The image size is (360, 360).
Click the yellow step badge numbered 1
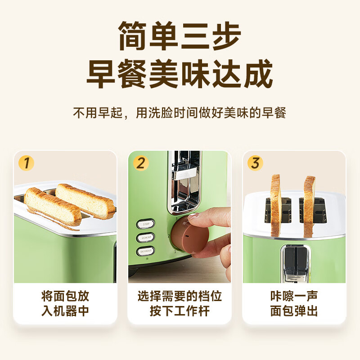(27, 163)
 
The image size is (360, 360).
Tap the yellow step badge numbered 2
(141, 163)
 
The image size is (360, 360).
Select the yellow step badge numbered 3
(255, 163)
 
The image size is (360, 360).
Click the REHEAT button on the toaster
(145, 237)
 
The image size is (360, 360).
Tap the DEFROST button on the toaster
(145, 251)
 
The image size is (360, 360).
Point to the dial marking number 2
(169, 236)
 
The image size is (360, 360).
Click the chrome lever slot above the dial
(184, 180)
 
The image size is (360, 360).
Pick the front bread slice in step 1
(52, 206)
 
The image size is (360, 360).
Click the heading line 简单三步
(180, 35)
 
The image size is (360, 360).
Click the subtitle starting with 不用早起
(180, 112)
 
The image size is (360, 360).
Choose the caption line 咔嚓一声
(294, 296)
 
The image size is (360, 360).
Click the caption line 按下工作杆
(180, 311)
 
